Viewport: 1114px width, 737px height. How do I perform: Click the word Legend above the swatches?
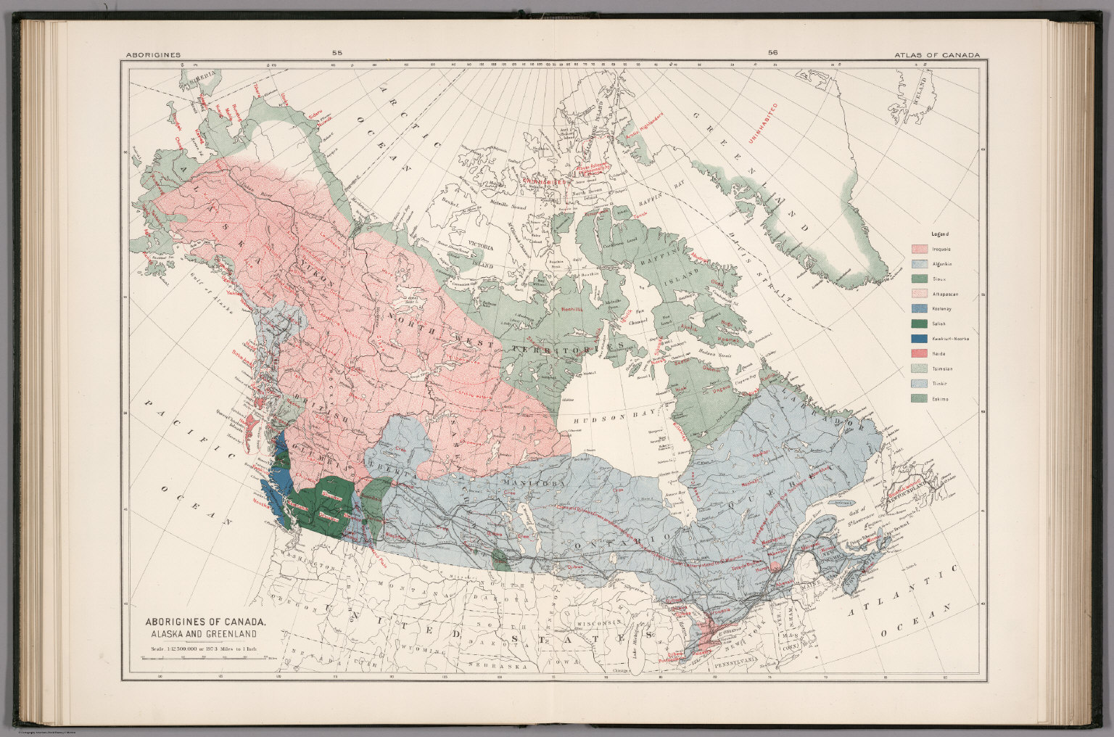[x=940, y=234]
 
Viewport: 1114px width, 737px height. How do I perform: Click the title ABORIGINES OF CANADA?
[x=206, y=622]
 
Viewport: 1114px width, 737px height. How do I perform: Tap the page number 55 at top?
[x=337, y=53]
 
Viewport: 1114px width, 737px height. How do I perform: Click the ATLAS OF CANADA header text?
[x=937, y=54]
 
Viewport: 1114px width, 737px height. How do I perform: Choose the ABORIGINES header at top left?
[x=153, y=54]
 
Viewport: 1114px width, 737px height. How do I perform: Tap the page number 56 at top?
[x=772, y=53]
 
